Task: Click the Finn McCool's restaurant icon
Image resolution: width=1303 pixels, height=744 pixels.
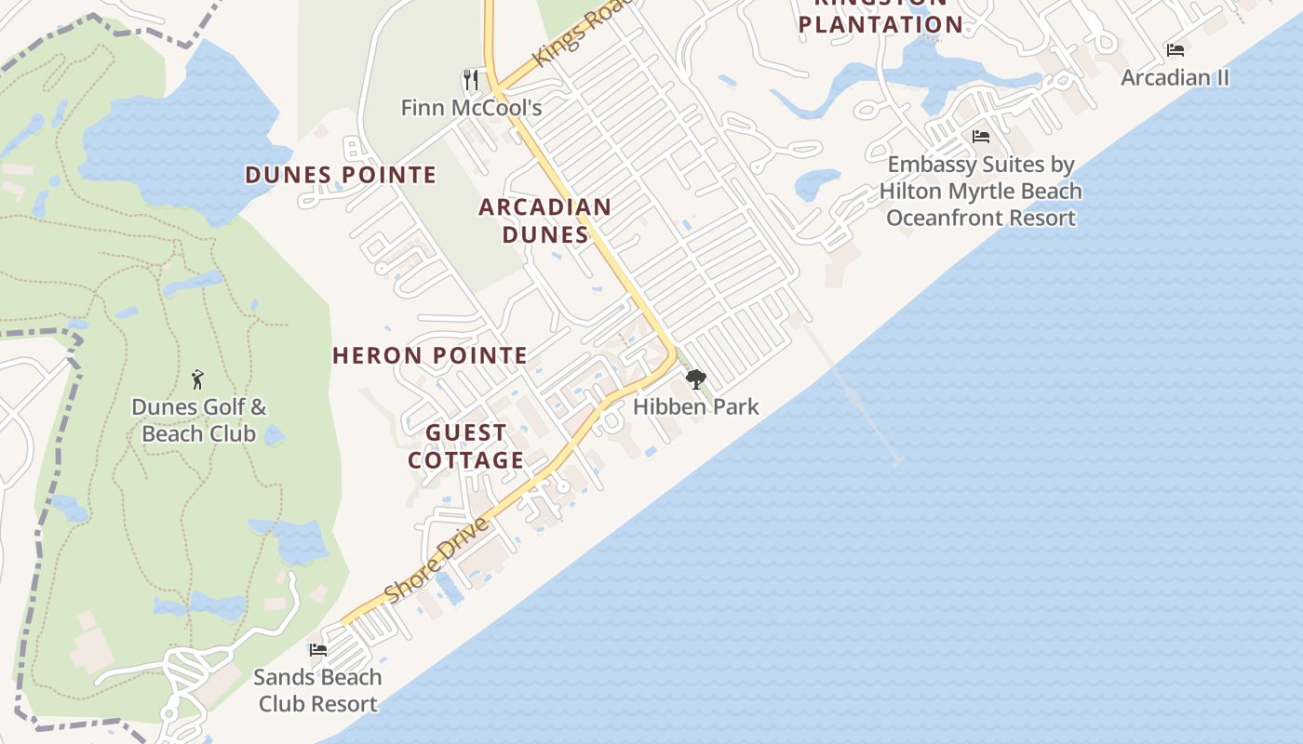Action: click(x=471, y=80)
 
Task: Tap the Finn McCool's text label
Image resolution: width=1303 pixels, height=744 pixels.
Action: click(x=471, y=108)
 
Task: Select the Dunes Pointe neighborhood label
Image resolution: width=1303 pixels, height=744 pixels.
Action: click(x=341, y=175)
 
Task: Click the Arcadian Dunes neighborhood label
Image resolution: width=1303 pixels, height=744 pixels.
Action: click(x=545, y=220)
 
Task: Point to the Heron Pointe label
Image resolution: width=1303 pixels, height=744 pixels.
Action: click(x=430, y=355)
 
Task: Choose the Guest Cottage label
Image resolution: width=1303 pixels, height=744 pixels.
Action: click(x=466, y=446)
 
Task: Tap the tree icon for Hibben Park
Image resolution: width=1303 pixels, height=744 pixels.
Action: click(x=695, y=379)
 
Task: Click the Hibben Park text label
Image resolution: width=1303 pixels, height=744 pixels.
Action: click(x=696, y=406)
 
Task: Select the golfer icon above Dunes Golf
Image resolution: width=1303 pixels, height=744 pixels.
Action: click(x=197, y=379)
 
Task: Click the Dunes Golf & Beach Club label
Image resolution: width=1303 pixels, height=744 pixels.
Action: click(x=198, y=420)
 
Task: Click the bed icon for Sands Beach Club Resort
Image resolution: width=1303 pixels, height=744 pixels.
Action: click(x=318, y=650)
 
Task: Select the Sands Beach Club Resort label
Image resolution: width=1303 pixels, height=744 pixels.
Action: click(x=318, y=690)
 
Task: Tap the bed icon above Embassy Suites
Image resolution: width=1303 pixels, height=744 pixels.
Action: click(x=981, y=137)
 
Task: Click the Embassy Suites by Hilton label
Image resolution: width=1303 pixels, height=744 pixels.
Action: click(x=981, y=191)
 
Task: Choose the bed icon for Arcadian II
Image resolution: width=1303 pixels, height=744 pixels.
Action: click(x=1175, y=50)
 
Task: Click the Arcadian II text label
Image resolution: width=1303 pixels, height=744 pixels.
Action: click(x=1175, y=77)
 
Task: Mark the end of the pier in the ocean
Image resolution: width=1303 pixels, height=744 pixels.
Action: click(x=895, y=459)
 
